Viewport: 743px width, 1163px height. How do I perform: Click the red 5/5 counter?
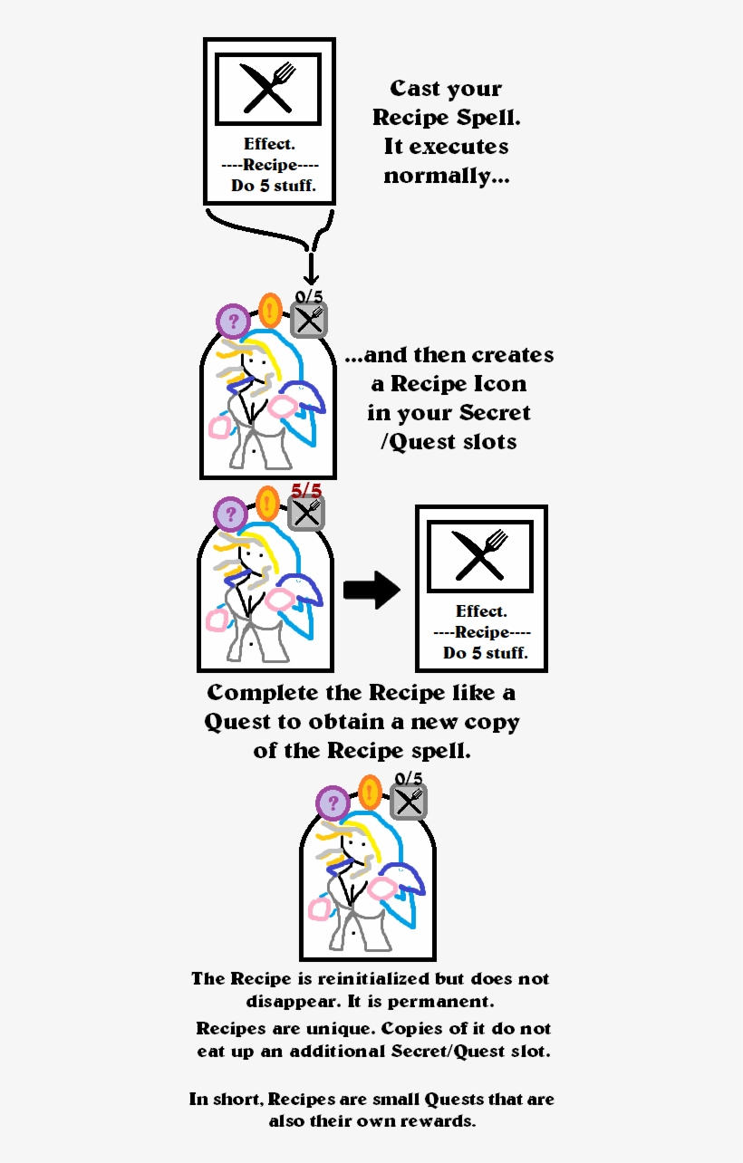click(x=305, y=491)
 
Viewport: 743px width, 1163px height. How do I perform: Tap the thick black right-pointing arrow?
click(x=371, y=591)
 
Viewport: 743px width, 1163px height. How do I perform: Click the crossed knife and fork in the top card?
click(x=268, y=88)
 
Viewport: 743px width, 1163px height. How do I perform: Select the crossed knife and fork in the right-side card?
click(x=481, y=554)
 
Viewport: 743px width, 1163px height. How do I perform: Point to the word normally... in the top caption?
click(x=446, y=176)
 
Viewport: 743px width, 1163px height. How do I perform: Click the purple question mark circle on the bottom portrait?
click(x=333, y=803)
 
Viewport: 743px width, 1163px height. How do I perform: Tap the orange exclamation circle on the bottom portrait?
click(x=369, y=792)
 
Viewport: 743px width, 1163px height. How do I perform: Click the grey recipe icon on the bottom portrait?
click(x=409, y=802)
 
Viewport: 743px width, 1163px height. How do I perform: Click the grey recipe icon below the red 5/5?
click(x=306, y=514)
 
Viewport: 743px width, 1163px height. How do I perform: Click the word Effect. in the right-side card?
click(x=481, y=611)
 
